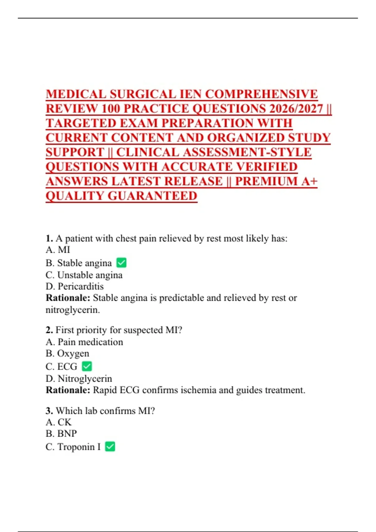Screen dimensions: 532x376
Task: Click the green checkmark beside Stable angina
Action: [x=121, y=263]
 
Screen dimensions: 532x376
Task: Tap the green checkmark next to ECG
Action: [x=87, y=366]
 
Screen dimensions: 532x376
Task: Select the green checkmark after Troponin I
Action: [x=110, y=446]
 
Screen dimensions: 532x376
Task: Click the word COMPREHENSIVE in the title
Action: [x=261, y=94]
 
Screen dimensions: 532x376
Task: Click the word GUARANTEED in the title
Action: [x=152, y=196]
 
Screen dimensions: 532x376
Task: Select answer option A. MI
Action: [x=58, y=250]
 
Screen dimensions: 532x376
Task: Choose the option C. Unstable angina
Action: [x=84, y=275]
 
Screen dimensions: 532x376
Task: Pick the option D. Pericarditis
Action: [x=75, y=286]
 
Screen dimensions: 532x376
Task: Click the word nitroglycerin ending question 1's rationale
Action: [x=72, y=310]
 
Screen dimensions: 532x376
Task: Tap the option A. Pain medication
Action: [x=84, y=342]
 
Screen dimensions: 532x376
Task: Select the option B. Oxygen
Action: [x=67, y=353]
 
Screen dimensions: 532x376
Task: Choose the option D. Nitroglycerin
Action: [x=79, y=379]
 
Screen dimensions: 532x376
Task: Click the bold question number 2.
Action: [x=49, y=330]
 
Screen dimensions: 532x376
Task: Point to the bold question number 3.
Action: [x=49, y=411]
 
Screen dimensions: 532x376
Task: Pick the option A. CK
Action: [x=59, y=422]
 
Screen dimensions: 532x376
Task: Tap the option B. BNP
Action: [x=61, y=433]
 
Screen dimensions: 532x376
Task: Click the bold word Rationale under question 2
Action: [x=68, y=390]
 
